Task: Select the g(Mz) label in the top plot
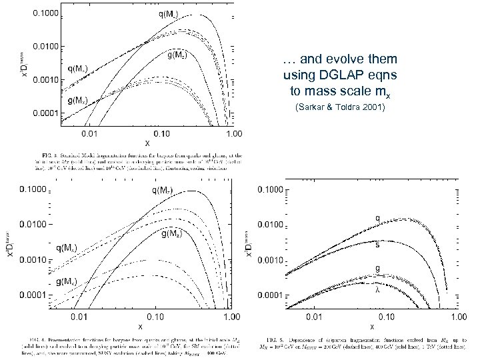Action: tap(181, 56)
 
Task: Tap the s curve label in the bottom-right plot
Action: tap(378, 243)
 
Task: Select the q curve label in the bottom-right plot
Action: tap(378, 217)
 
